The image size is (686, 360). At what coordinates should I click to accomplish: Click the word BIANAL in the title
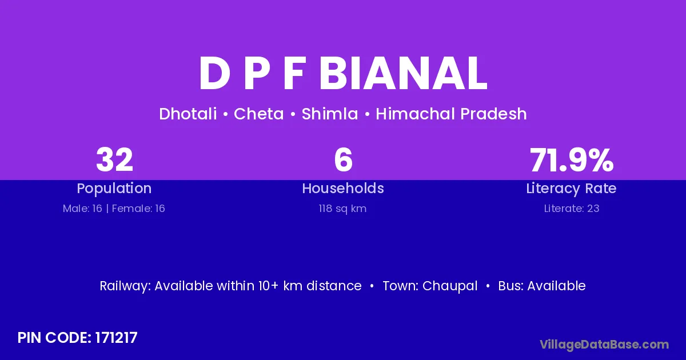pos(403,74)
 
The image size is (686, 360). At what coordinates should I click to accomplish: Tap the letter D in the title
pos(214,74)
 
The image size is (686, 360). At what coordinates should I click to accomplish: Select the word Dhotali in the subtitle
pos(188,114)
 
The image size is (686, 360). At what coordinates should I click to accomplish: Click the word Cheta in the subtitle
pos(259,114)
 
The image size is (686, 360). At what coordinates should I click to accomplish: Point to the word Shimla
pos(330,114)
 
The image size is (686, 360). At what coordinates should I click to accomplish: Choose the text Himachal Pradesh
pos(451,114)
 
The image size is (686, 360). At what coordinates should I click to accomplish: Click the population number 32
pos(114,159)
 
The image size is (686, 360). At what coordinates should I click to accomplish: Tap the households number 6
pos(343,159)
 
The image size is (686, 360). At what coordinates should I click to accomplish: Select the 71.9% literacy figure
pos(572,159)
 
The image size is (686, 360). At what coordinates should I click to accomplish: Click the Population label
pos(114,189)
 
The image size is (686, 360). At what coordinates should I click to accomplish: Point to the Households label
pos(343,188)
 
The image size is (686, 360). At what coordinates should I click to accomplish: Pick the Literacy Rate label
pos(571,189)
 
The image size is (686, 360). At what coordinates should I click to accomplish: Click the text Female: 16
pos(138,209)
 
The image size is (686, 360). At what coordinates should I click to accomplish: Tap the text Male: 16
pos(82,209)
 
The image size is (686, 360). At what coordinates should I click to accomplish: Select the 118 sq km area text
pos(342,209)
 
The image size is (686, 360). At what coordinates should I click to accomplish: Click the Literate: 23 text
pos(572,209)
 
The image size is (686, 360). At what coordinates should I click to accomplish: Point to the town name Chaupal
pos(450,286)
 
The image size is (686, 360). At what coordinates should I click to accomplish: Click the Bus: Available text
pos(542,286)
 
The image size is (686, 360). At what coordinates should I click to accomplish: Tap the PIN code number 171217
pos(117,338)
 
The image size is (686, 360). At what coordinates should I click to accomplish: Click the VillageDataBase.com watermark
pos(604,345)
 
